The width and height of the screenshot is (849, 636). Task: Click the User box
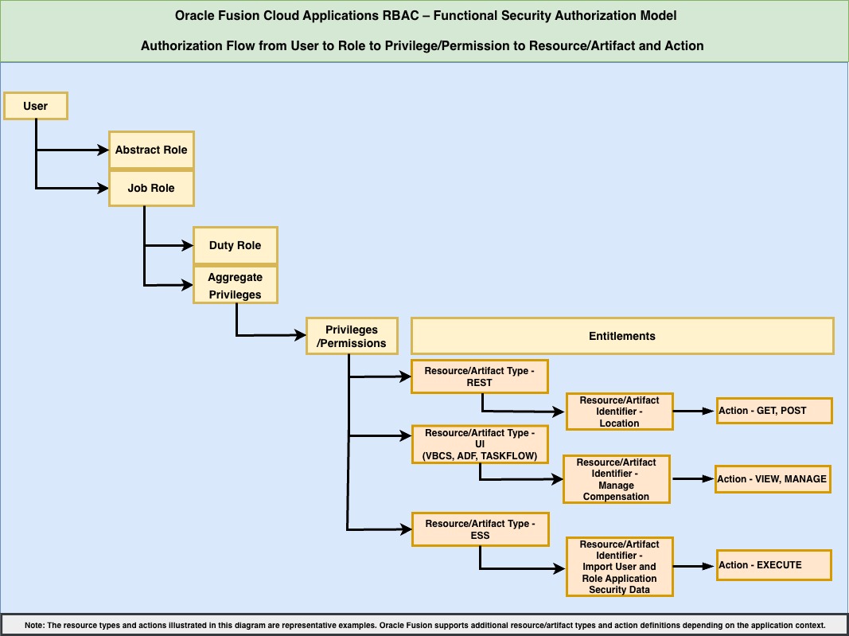coord(36,106)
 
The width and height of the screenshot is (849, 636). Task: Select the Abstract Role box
coord(151,150)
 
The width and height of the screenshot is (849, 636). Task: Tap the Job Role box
coord(151,189)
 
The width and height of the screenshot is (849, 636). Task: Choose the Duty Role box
coord(235,245)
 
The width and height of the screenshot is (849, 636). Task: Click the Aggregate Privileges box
coord(235,286)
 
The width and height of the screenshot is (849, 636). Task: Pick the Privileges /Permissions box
coord(351,337)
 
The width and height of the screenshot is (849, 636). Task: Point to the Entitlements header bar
coord(621,336)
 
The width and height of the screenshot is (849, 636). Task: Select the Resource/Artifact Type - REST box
coord(480,377)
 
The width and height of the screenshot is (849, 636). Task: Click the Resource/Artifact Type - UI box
coord(480,444)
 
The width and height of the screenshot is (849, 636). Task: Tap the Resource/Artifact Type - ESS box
coord(480,529)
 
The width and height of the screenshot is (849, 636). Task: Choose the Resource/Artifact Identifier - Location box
coord(619,412)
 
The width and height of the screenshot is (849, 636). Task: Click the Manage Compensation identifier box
coord(616,479)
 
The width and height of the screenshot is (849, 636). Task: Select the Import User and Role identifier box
coord(619,567)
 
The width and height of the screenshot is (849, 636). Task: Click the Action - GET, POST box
coord(773,411)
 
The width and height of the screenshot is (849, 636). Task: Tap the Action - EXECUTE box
coord(773,565)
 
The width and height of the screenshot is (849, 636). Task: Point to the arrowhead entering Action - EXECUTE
coord(710,565)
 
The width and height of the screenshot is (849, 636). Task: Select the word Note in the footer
coord(33,625)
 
